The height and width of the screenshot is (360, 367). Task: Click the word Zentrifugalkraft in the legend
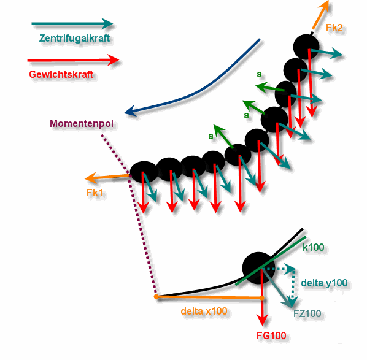(74, 39)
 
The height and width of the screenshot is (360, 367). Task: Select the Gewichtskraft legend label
(61, 75)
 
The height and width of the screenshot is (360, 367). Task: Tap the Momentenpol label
(82, 123)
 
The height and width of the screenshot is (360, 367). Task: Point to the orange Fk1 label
(95, 193)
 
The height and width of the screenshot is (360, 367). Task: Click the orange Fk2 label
(334, 28)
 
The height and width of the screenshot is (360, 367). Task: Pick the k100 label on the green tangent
(314, 247)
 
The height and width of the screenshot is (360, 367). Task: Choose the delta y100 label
(324, 283)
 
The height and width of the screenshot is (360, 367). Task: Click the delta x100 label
(204, 311)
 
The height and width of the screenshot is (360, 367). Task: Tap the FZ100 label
(307, 313)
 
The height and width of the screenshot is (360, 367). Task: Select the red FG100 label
(271, 335)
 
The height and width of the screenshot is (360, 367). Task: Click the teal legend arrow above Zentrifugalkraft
(72, 24)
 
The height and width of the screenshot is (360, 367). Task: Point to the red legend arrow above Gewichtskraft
(73, 60)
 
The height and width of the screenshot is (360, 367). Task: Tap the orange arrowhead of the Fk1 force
(90, 178)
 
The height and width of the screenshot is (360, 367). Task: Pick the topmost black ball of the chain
(306, 47)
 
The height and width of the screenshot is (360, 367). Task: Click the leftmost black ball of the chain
(144, 172)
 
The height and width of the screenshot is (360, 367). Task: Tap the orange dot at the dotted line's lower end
(156, 297)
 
